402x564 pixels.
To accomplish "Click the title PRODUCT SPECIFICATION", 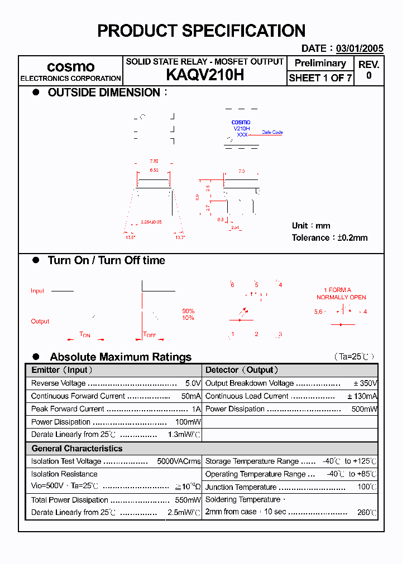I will pyautogui.click(x=201, y=31).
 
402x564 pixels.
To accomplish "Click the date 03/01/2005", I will pyautogui.click(x=360, y=48).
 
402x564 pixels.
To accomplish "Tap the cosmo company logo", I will pyautogui.click(x=70, y=67).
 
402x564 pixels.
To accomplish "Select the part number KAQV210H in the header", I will pyautogui.click(x=205, y=76).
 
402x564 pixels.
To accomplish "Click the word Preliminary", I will pyautogui.click(x=320, y=63).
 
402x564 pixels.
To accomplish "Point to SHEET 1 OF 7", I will pyautogui.click(x=320, y=78).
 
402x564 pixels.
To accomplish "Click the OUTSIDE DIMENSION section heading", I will pyautogui.click(x=104, y=93).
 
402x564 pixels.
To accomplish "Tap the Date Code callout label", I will pyautogui.click(x=272, y=132).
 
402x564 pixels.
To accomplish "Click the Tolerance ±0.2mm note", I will pyautogui.click(x=329, y=237).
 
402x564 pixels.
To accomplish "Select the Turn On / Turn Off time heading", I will pyautogui.click(x=106, y=260).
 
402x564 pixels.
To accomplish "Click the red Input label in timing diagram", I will pyautogui.click(x=37, y=291).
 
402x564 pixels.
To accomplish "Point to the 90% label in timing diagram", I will pyautogui.click(x=188, y=311).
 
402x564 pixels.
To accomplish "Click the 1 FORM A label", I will pyautogui.click(x=337, y=290).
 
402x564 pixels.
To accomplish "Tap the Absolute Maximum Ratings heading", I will pyautogui.click(x=120, y=357).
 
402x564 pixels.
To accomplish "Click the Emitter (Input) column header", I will pyautogui.click(x=62, y=370).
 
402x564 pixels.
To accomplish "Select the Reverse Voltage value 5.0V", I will pyautogui.click(x=193, y=383).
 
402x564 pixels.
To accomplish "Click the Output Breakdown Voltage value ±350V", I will pyautogui.click(x=365, y=383).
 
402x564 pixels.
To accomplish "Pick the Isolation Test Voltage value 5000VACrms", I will pyautogui.click(x=179, y=461).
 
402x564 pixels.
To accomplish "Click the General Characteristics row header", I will pyautogui.click(x=76, y=449).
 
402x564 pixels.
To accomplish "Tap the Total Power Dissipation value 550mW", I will pyautogui.click(x=188, y=500).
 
